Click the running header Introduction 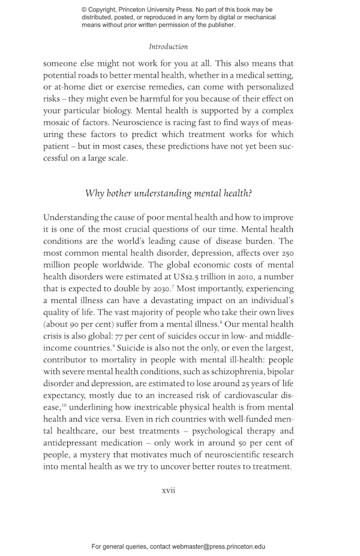169,46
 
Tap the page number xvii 169,491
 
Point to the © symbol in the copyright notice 84,10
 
